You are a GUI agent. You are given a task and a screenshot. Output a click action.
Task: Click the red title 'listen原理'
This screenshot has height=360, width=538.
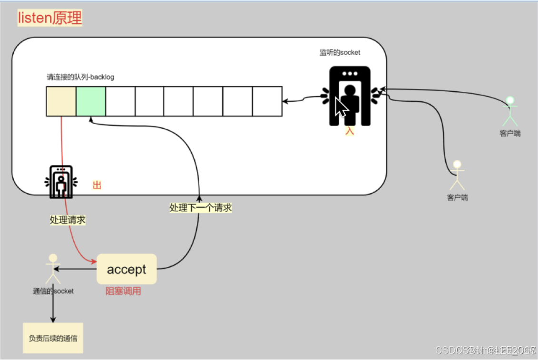click(x=50, y=18)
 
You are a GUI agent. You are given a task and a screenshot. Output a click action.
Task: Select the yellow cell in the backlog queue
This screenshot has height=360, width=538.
click(x=61, y=101)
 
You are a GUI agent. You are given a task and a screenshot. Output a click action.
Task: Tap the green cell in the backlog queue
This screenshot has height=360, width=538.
click(x=91, y=101)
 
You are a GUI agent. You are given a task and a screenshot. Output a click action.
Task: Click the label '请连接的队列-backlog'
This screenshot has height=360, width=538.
click(x=80, y=77)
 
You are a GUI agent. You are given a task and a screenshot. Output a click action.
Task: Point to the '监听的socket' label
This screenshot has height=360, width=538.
click(x=340, y=52)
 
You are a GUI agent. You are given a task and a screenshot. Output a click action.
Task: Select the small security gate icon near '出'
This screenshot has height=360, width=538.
click(x=60, y=182)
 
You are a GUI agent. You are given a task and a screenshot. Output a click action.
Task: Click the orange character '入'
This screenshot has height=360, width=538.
click(x=350, y=131)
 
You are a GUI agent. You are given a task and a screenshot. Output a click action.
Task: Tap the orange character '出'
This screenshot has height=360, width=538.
click(x=97, y=185)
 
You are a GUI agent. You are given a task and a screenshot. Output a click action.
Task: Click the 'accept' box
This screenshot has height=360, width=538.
click(x=127, y=269)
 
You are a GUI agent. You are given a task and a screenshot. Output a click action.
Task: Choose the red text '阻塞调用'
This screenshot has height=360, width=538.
click(x=123, y=291)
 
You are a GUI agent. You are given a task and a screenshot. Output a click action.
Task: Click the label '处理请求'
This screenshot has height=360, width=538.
click(x=68, y=220)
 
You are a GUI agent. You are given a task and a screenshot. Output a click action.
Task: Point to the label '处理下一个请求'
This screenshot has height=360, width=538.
click(x=201, y=208)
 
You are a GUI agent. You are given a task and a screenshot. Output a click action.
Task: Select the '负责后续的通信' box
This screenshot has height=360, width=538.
click(x=53, y=339)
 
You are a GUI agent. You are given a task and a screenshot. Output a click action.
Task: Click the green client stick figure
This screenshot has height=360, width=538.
click(x=510, y=111)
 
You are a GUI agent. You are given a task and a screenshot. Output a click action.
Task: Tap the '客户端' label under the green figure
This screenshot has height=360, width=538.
click(x=510, y=134)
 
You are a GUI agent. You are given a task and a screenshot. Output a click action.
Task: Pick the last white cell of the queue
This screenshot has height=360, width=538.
click(x=267, y=101)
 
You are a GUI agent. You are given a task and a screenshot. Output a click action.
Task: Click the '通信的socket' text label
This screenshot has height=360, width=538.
click(x=53, y=291)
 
